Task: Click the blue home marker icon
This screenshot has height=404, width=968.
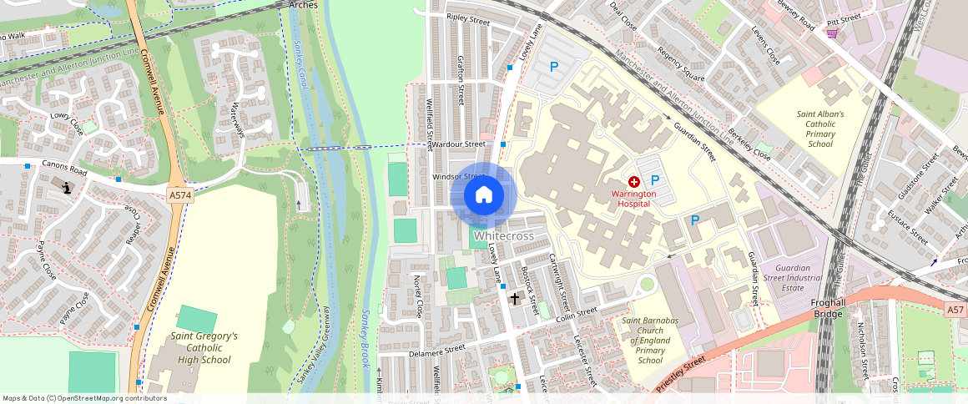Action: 483,196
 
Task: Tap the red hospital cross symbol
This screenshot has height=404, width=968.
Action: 634,181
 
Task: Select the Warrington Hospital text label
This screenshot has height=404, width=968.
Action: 633,199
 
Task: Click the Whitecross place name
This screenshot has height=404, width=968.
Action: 503,236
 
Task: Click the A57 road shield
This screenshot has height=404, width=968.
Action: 956,309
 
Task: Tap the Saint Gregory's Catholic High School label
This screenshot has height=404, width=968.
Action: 204,348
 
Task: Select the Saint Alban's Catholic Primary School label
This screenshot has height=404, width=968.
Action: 820,129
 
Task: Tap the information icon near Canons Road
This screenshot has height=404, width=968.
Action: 67,188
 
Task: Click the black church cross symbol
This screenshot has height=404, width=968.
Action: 515,297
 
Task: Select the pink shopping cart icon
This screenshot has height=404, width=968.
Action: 832,33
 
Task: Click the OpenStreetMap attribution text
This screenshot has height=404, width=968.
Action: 84,398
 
